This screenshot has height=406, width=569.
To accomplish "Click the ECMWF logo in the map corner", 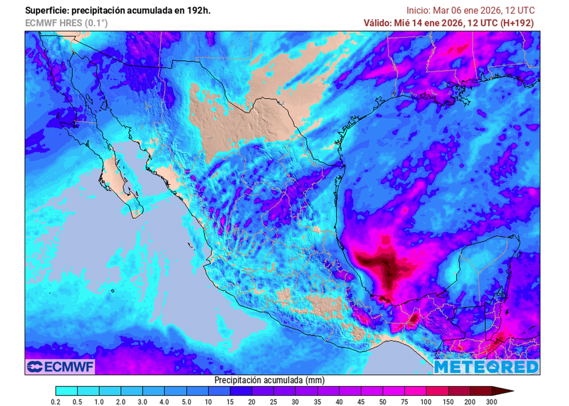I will pyautogui.click(x=61, y=367).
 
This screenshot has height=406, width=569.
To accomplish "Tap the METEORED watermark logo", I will pyautogui.click(x=486, y=367).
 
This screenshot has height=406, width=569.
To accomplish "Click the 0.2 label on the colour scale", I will pyautogui.click(x=56, y=402).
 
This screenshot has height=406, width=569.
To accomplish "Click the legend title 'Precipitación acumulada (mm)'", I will pyautogui.click(x=269, y=380).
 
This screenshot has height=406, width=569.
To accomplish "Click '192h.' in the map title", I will pyautogui.click(x=198, y=11).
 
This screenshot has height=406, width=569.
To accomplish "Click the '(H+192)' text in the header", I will pyautogui.click(x=517, y=23).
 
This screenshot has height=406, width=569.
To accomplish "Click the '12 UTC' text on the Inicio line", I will pyautogui.click(x=521, y=11).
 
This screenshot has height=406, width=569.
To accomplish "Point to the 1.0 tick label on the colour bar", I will pyautogui.click(x=99, y=402).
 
